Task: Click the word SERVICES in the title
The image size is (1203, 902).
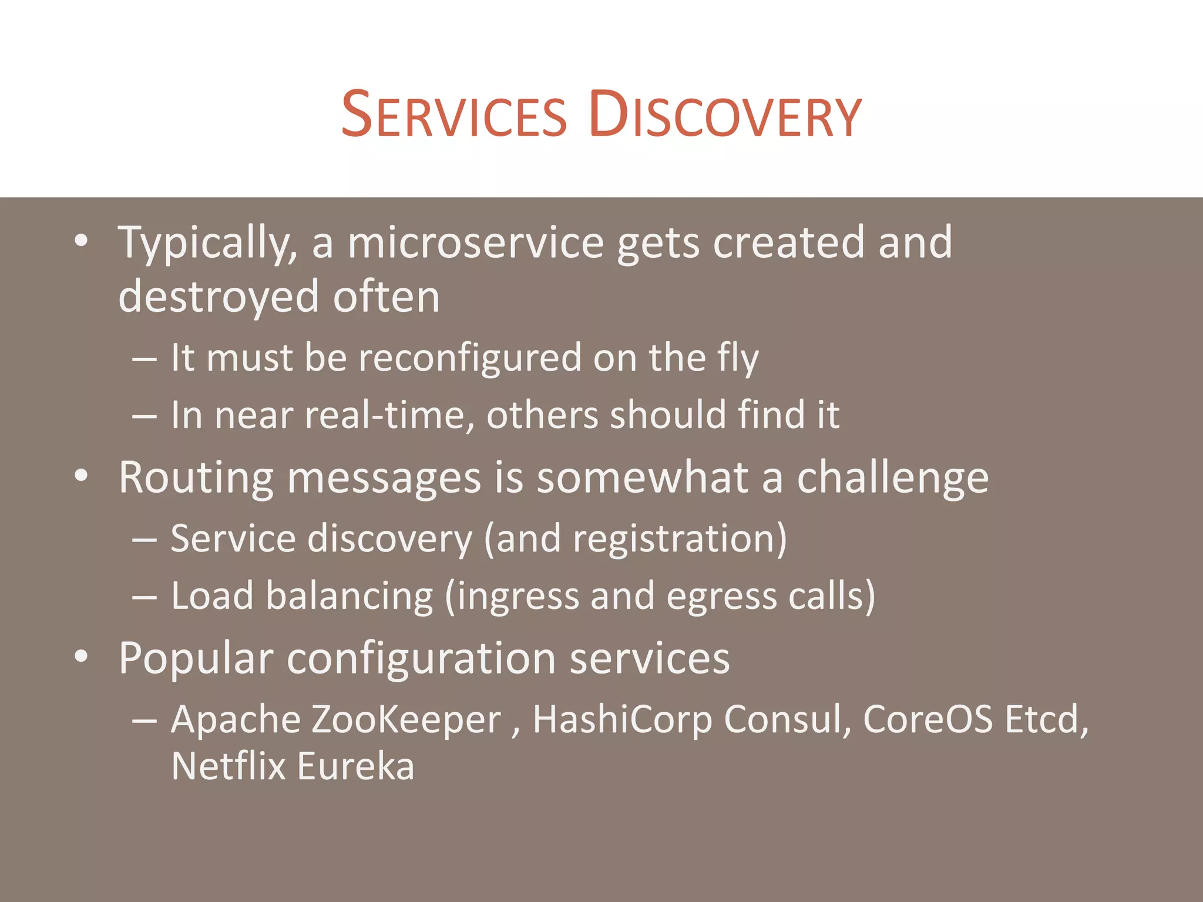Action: coord(453,115)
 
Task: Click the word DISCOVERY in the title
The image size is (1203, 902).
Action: coord(725,115)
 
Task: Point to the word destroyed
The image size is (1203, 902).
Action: coord(219,297)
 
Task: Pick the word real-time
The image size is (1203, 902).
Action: coord(390,415)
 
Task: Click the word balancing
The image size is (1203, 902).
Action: coord(350,596)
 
